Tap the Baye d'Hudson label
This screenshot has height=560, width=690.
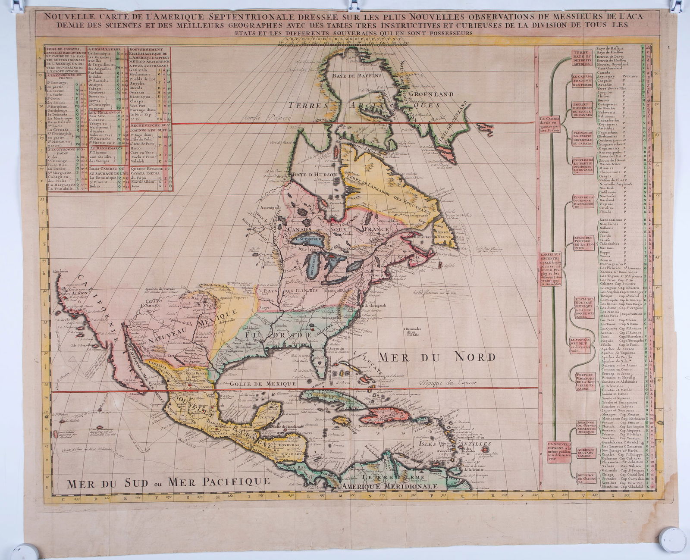316,174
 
